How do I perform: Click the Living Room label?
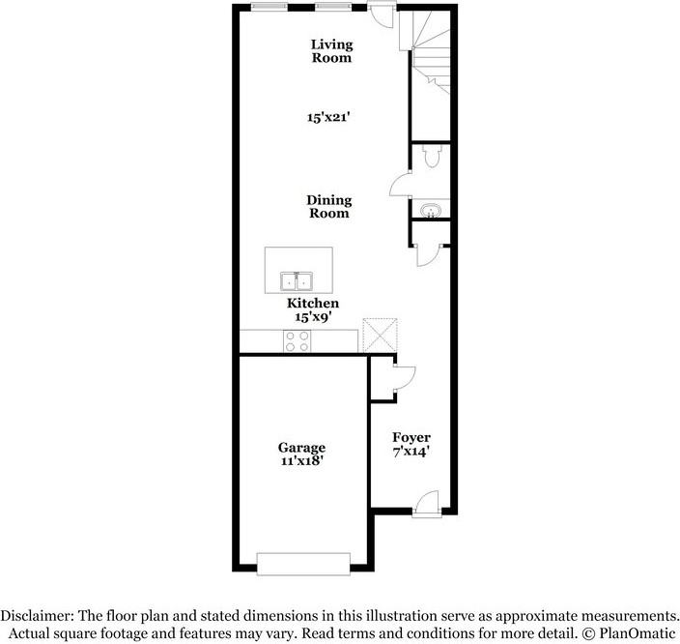[x=330, y=50]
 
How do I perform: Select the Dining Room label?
[x=329, y=207]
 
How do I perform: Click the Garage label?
[x=301, y=448]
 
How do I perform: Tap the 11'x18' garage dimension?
[x=301, y=461]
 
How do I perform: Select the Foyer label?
[x=410, y=437]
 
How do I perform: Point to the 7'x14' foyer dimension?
[x=410, y=451]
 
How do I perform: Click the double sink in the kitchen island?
[x=297, y=281]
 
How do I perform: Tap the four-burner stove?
[x=297, y=340]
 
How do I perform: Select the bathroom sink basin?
[x=431, y=209]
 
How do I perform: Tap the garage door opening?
[x=303, y=563]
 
